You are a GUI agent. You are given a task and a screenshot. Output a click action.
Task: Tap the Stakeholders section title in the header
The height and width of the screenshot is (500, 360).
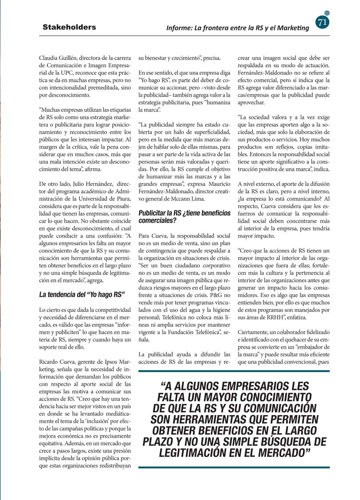(x=69, y=27)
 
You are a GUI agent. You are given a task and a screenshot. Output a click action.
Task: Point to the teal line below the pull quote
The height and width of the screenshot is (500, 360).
(x=234, y=467)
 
